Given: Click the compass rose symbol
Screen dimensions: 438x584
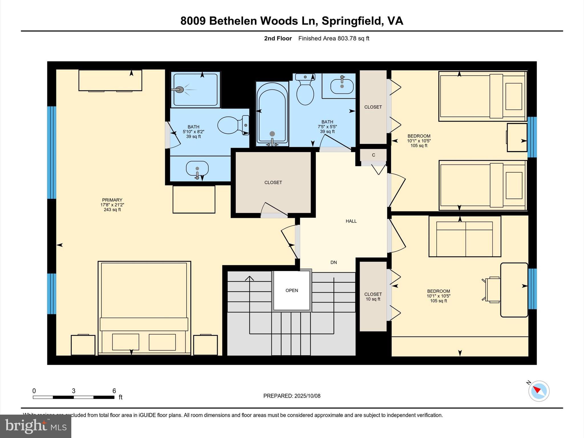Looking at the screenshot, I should [539, 391].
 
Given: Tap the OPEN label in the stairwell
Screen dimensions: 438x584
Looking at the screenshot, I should [292, 290].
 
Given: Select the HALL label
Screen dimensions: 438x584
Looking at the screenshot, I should [351, 221].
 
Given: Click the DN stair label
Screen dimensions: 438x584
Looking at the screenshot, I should [334, 262].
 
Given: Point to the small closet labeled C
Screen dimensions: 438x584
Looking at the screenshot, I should [373, 155].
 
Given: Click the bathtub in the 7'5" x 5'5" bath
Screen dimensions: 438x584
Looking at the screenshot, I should [272, 114].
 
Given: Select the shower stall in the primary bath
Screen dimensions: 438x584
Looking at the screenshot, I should [195, 90].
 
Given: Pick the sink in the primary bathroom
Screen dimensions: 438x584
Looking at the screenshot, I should [197, 169].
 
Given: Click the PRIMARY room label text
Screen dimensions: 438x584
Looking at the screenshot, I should [112, 200].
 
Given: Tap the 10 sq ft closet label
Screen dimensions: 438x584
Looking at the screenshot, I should [373, 297].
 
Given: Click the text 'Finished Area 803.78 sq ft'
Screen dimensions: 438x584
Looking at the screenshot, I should [334, 38].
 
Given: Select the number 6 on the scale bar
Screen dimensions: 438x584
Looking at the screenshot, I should [114, 391].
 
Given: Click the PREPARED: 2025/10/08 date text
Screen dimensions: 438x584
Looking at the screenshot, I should [292, 396].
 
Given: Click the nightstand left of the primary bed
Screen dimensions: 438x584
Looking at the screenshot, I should [83, 345].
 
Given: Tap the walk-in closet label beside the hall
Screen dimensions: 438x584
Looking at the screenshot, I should [273, 182].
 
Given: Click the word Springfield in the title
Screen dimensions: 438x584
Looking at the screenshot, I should [352, 21].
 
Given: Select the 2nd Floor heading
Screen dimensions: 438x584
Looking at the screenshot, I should [278, 38].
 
